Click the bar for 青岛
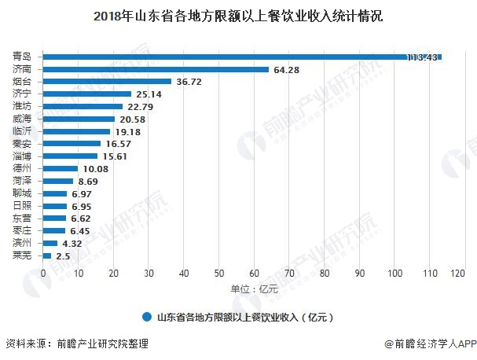point(236,57)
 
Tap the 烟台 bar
point(107,82)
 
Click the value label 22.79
point(140,107)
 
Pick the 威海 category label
point(23,119)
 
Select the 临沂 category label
point(23,131)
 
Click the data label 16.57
point(118,144)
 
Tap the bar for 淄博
point(70,156)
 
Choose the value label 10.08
point(95,169)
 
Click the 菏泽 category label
point(23,181)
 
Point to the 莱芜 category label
point(23,255)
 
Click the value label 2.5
point(64,256)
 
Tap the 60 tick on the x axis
point(255,274)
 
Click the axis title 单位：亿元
point(254,289)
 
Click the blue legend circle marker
point(147,318)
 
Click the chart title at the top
point(238,16)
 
